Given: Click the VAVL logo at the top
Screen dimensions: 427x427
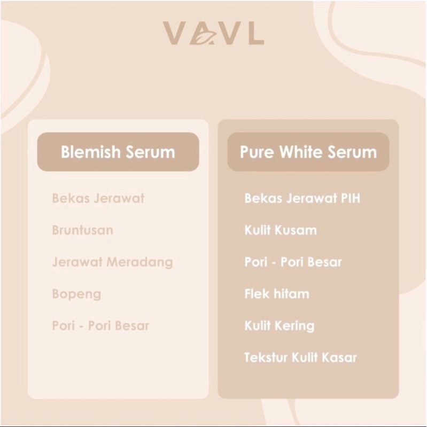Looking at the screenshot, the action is (x=214, y=33).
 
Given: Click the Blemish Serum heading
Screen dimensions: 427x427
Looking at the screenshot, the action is (x=118, y=152).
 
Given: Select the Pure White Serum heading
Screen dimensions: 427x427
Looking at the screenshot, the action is (x=308, y=152).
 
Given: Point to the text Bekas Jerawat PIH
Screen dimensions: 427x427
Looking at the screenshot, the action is (x=302, y=198).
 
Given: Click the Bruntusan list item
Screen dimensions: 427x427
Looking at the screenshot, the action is (x=82, y=230).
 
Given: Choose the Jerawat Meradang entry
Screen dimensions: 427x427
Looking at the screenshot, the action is (x=112, y=262).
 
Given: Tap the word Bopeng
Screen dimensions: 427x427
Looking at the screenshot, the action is (x=76, y=294).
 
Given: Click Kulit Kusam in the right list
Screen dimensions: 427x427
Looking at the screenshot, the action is (x=281, y=230).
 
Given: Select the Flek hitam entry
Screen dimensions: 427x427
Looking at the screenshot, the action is (x=277, y=294).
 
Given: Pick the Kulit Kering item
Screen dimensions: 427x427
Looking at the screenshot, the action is (x=280, y=326).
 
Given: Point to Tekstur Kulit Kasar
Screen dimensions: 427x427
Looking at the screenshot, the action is (x=301, y=358).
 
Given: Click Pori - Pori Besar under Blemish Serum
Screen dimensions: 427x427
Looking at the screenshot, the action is (x=101, y=325).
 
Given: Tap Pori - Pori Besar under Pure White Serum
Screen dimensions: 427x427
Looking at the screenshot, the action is (x=293, y=262).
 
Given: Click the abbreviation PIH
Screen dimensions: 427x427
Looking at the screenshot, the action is (x=351, y=198).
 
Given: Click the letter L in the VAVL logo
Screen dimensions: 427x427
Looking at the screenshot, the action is (x=257, y=33).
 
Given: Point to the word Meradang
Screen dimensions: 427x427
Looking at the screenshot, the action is (x=139, y=262).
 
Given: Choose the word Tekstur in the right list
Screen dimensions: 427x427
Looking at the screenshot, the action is (x=266, y=358).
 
